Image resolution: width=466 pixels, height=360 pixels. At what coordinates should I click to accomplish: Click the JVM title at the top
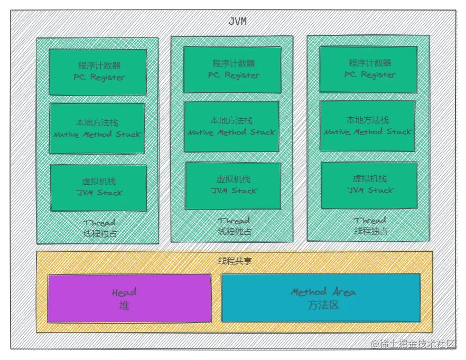point(237,22)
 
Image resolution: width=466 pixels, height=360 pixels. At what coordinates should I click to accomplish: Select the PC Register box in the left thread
point(98,72)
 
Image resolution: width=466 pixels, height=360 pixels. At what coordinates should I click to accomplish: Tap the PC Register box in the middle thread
point(232,70)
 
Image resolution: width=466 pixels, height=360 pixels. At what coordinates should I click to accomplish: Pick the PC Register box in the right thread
point(368,70)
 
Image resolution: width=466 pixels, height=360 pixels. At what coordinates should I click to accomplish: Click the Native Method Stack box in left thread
point(97,128)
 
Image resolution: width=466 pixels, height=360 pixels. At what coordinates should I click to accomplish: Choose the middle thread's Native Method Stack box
point(231,127)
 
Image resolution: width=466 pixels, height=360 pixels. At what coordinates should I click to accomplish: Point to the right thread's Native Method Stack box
point(368,126)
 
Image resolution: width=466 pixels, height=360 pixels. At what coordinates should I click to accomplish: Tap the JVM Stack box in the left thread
point(98,187)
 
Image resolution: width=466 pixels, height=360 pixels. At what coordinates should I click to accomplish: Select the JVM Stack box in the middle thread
point(233,185)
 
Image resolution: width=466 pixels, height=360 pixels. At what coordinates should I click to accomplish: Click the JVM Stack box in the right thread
point(369,185)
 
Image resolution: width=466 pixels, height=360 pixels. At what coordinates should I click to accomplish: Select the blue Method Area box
point(321,298)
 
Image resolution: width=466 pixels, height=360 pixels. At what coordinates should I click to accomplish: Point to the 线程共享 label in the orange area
point(235,261)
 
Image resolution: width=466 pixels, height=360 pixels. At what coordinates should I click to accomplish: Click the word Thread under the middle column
point(234,221)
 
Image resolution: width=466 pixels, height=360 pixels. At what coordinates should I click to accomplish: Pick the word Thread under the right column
point(370,221)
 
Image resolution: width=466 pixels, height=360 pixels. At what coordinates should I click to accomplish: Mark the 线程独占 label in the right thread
point(371,231)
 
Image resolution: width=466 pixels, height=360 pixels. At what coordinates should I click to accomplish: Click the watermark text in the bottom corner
point(413,344)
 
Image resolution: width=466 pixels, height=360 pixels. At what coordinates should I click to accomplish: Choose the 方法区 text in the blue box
point(322,305)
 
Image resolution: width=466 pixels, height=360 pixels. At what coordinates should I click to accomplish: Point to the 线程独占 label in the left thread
point(100,233)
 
